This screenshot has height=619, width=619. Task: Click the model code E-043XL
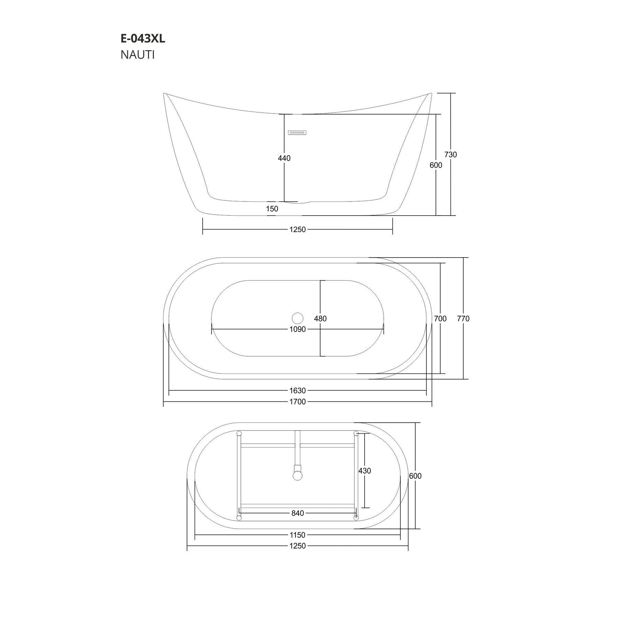pos(143,39)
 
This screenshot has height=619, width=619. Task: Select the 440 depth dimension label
pos(284,158)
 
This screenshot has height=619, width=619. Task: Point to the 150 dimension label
pos(272,209)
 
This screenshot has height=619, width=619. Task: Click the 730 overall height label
pos(450,155)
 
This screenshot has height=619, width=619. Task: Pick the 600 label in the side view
pos(436,165)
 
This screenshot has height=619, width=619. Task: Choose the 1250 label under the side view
pos(297,229)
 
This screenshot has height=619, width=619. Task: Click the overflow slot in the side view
pos(297,133)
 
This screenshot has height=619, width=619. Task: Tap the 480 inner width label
pos(320,319)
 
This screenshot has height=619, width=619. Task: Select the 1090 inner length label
pos(297,329)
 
